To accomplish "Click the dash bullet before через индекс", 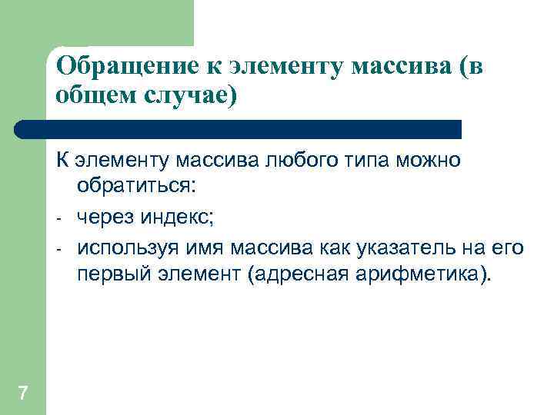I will point(59,219).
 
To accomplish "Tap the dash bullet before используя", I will point(59,251).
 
